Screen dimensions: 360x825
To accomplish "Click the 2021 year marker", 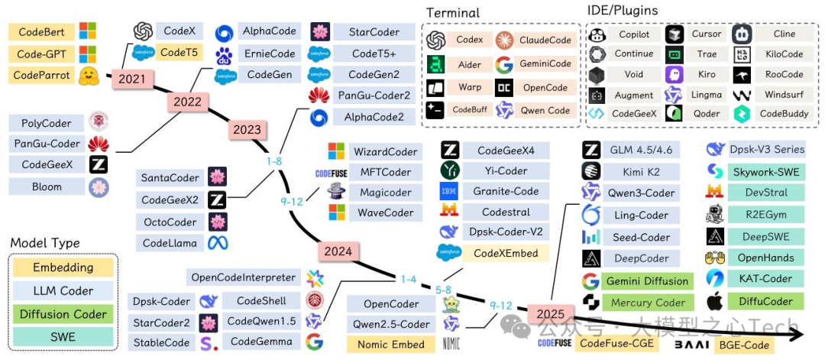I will coord(131,79).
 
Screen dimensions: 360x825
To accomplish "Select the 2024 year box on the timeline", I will coord(337,251).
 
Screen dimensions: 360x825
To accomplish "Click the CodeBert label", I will coord(42,33).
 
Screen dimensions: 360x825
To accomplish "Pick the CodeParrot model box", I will coord(42,76).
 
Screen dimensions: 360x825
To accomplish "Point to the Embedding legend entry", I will coord(63,268).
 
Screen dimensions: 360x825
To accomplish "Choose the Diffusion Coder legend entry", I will coord(63,314).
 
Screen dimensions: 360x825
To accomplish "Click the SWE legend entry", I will coord(63,337).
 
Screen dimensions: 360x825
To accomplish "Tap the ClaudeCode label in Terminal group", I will coord(545,41).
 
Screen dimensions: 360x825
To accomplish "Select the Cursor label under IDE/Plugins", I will coord(706,34).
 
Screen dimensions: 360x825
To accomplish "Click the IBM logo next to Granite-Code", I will coord(448,191).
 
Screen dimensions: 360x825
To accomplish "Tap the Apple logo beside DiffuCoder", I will coord(716,301).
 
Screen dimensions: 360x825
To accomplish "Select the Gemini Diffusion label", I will coord(645,281).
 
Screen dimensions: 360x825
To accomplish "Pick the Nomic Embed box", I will coord(390,344).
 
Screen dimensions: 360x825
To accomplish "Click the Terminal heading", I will coord(453,13).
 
